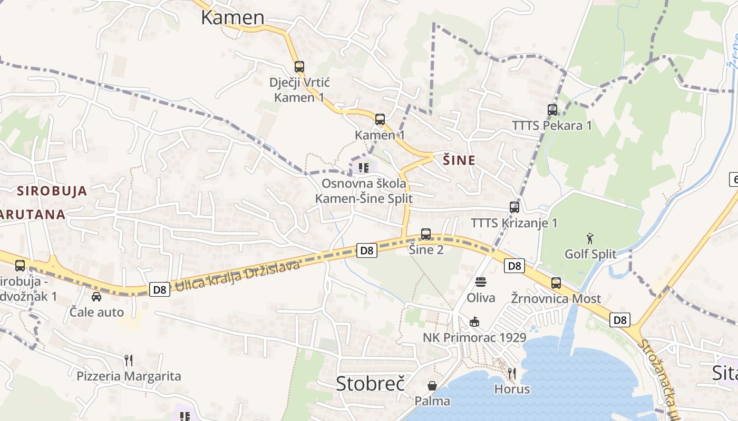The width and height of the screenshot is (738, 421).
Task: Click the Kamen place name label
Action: coord(232,17)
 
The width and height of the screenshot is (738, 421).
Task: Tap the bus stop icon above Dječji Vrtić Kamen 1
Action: coord(299,67)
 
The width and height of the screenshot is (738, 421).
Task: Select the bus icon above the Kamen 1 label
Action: coord(380,119)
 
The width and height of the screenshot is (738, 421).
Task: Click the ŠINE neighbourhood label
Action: coord(459,161)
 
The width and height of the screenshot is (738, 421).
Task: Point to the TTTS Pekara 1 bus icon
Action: coord(552,110)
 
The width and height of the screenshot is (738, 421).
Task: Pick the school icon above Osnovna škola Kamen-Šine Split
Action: coord(363,168)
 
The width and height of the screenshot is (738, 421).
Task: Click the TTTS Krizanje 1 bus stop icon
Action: coord(514,207)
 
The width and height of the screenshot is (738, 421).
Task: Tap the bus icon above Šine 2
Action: coord(426,234)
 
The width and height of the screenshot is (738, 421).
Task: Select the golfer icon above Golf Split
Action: coord(590,238)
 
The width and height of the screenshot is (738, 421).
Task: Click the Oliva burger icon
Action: coord(481,282)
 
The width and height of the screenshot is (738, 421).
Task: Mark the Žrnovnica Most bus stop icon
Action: coord(556,283)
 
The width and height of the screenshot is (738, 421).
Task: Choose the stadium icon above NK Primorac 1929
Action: coord(474,322)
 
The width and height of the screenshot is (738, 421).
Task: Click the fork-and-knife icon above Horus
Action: coord(512,374)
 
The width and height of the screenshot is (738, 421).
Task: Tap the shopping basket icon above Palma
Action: coord(432,386)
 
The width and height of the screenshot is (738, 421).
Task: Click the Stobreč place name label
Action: coord(370,384)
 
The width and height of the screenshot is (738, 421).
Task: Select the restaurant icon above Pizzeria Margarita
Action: coord(129,360)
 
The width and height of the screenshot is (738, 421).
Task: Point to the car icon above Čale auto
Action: coord(96,297)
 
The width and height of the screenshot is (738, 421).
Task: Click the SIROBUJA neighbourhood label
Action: coord(52,191)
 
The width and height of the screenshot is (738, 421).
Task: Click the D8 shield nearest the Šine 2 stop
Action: coord(367,250)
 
